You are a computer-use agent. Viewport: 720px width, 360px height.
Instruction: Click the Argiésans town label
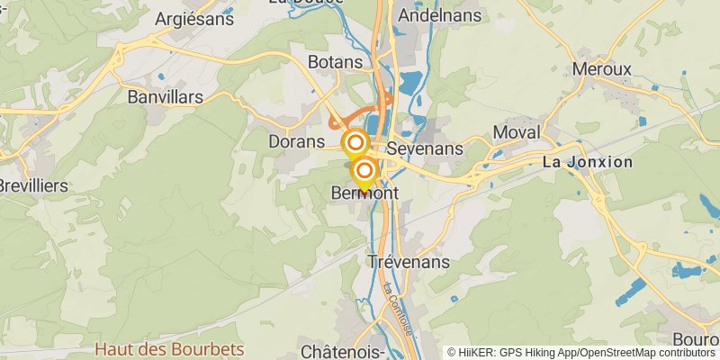(x=194, y=18)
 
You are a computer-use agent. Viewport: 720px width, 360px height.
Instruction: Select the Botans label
(x=335, y=62)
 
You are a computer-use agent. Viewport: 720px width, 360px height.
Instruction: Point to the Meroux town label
(x=602, y=69)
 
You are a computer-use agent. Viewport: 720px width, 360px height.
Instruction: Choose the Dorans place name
(x=296, y=141)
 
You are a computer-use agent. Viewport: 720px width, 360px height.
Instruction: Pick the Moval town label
(x=517, y=132)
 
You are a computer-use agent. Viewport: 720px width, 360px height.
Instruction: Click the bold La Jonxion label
(x=588, y=162)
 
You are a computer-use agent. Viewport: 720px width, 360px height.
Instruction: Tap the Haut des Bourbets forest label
(x=169, y=348)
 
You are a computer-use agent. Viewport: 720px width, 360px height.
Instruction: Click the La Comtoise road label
(x=397, y=310)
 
